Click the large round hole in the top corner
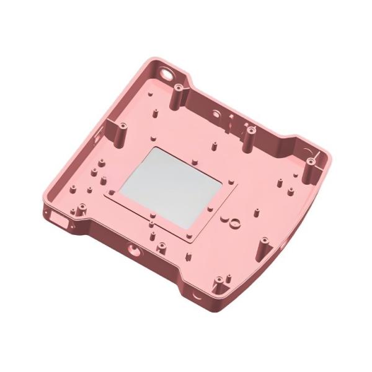(x=167, y=72)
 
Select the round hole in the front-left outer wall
(x=132, y=250)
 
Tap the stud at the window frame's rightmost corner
(x=232, y=182)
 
